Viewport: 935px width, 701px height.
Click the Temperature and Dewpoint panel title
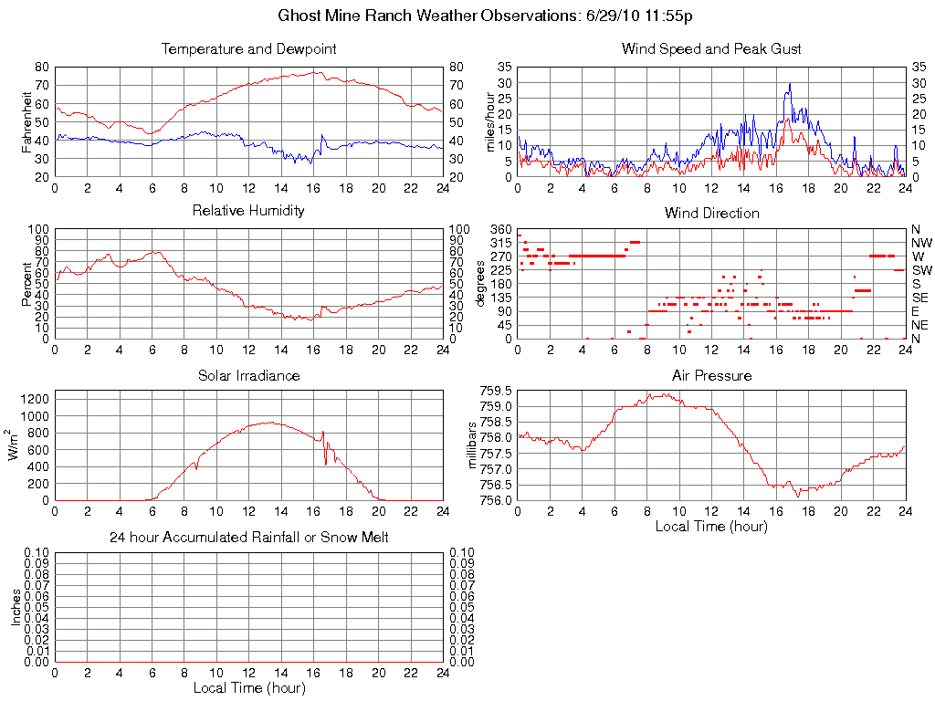click(x=248, y=49)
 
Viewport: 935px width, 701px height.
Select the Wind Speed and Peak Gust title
click(x=711, y=49)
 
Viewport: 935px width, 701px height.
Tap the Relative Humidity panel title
click(x=248, y=211)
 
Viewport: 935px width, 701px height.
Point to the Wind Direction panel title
click(x=711, y=214)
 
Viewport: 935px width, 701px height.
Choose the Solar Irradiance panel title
click(x=248, y=376)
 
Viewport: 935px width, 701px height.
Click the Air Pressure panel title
click(x=711, y=376)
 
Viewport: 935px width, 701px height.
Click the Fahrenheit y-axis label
click(x=27, y=121)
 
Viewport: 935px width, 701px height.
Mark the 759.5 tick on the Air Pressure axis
click(x=496, y=391)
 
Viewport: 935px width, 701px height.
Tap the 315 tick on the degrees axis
click(x=500, y=243)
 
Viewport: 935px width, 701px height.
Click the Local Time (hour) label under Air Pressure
click(x=711, y=527)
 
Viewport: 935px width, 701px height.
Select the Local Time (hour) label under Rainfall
click(x=248, y=688)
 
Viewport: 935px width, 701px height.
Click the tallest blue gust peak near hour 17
click(x=790, y=84)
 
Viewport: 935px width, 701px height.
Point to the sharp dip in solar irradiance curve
click(x=326, y=464)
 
